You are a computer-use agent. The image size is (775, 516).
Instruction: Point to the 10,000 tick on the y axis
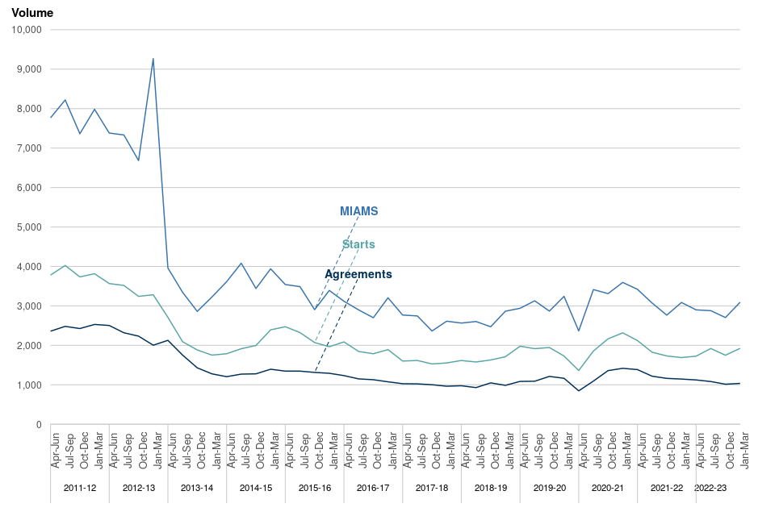tap(27, 30)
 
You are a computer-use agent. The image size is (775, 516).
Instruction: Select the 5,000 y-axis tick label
tap(30, 227)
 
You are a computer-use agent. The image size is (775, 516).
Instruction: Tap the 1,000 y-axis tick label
tap(30, 385)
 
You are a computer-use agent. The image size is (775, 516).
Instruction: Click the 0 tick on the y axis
tap(38, 425)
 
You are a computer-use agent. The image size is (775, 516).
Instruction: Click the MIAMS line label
tap(358, 211)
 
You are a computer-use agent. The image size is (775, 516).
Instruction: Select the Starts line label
tap(358, 244)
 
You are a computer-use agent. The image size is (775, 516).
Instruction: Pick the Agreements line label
tap(358, 274)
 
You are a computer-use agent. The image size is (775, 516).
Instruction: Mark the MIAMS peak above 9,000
tap(153, 59)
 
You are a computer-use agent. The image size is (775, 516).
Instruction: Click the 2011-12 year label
tap(79, 488)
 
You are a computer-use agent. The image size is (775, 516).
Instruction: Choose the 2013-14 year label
tap(197, 488)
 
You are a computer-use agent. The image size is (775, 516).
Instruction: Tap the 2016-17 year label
tap(373, 488)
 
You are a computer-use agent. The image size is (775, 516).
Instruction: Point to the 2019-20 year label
tap(549, 488)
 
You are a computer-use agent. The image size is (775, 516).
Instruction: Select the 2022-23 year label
tap(710, 488)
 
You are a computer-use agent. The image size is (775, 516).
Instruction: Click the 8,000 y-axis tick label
tap(30, 109)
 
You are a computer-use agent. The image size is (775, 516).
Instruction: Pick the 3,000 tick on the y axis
tap(30, 306)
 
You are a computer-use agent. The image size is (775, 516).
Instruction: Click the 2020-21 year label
tap(608, 488)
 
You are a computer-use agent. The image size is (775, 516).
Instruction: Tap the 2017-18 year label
tap(432, 488)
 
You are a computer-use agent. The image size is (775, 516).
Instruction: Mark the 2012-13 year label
tap(138, 488)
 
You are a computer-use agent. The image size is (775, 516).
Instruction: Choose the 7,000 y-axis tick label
tap(30, 148)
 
